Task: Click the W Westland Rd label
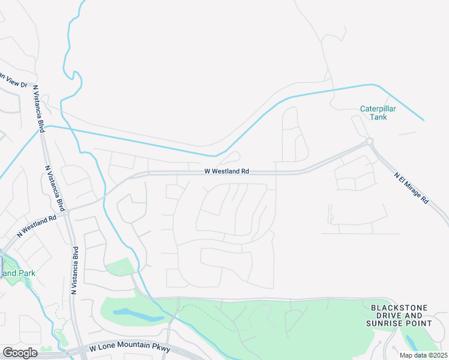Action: (226, 171)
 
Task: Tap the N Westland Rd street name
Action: (36, 223)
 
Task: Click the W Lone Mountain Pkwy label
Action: (130, 348)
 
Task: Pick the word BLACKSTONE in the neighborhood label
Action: (399, 308)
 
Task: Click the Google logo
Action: (20, 353)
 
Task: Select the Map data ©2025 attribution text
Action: (423, 355)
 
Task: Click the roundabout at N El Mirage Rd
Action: (369, 142)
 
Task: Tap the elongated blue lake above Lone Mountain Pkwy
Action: (137, 314)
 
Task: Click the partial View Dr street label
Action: (13, 81)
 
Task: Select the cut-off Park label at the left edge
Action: (18, 273)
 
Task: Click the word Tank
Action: (378, 117)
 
